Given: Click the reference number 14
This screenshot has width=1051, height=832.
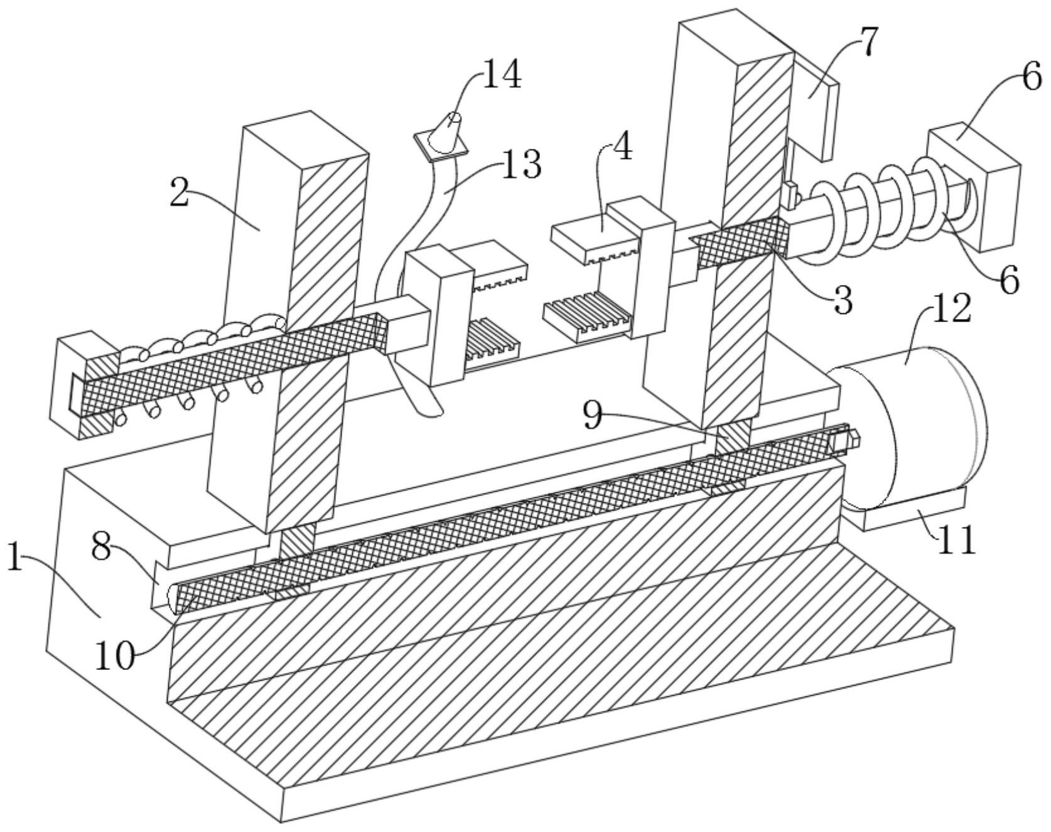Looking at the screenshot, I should tap(501, 76).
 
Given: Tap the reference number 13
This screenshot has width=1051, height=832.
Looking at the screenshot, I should tap(520, 165).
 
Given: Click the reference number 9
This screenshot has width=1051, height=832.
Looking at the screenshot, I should tap(593, 415).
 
